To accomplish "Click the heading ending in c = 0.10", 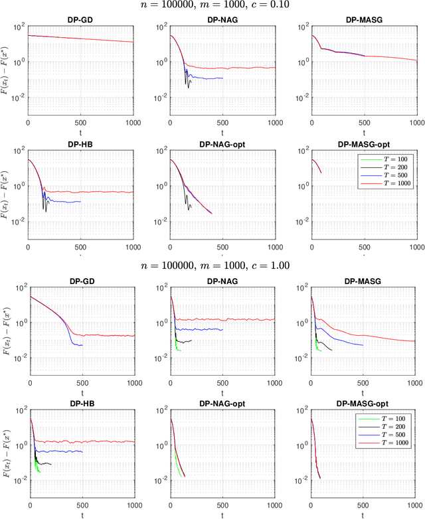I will tap(212, 5).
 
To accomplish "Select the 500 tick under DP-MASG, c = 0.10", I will tap(363, 123).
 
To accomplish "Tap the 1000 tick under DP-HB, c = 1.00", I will tap(132, 505).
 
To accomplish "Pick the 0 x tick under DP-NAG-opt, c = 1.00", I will tap(171, 505).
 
